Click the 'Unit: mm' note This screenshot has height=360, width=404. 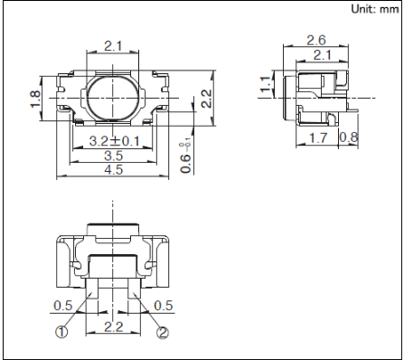pyautogui.click(x=375, y=9)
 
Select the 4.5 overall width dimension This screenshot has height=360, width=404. pyautogui.click(x=114, y=170)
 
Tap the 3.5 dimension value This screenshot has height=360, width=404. pyautogui.click(x=114, y=156)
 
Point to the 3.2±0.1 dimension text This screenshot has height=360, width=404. pyautogui.click(x=115, y=141)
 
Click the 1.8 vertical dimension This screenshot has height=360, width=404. pyautogui.click(x=35, y=99)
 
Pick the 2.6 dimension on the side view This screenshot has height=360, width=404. pyautogui.click(x=316, y=41)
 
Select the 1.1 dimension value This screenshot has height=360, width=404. pyautogui.click(x=266, y=84)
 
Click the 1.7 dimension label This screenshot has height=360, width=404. pyautogui.click(x=318, y=138)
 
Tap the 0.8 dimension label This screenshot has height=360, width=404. pyautogui.click(x=349, y=137)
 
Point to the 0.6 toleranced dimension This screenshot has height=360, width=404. pyautogui.click(x=186, y=158)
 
